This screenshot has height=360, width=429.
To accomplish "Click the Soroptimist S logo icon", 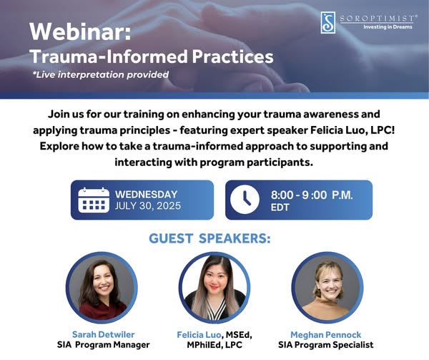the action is click(327, 22).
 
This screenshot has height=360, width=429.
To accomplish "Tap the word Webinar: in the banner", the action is click(80, 31).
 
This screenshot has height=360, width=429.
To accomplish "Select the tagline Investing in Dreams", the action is click(388, 26).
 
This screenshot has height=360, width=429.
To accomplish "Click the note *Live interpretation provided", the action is click(100, 74).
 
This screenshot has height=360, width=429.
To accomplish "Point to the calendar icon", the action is click(94, 200).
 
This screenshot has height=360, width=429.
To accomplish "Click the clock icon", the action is click(245, 200).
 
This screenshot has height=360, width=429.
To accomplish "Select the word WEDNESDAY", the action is click(147, 195).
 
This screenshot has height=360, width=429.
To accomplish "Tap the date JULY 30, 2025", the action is click(148, 205).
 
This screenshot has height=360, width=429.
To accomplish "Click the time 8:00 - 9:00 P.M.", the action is click(312, 195).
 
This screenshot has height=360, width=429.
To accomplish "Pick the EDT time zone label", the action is click(280, 208).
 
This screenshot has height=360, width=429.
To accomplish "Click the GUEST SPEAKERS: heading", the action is click(209, 238).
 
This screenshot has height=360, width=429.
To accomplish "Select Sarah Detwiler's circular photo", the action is click(102, 288).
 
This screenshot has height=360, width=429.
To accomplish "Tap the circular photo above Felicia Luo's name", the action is click(214, 288).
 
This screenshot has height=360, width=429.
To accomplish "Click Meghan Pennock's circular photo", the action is click(327, 288).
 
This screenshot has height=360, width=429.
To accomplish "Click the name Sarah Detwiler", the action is click(104, 334).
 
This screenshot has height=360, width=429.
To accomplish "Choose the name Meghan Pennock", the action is click(325, 335).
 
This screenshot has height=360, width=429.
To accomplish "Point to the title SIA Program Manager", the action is click(104, 345).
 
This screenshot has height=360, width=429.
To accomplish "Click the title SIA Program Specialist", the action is click(325, 345).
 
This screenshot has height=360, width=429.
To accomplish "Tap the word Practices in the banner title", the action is click(232, 57).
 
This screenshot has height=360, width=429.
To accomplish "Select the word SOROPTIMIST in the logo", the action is click(378, 19).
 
